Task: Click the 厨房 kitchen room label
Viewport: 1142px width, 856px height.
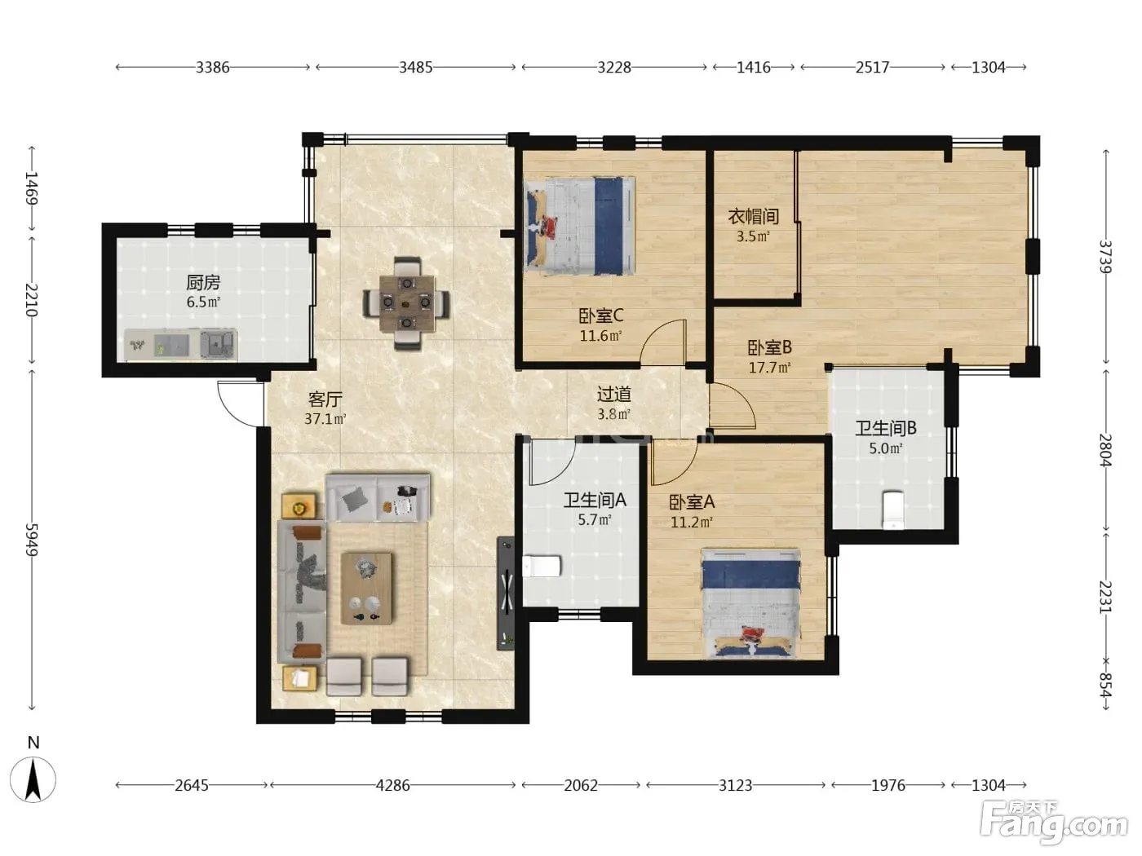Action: point(203,283)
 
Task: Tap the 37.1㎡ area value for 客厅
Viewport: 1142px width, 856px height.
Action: point(325,419)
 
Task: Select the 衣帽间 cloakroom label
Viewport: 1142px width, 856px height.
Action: point(753,216)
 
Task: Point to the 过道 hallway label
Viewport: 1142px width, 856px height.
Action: point(614,395)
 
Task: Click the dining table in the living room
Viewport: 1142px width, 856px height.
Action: point(407,303)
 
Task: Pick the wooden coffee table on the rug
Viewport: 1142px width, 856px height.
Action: point(367,589)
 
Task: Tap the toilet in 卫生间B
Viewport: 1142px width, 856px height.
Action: point(892,510)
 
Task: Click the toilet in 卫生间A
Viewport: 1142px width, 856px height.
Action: point(542,567)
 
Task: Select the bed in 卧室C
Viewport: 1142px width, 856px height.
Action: point(580,226)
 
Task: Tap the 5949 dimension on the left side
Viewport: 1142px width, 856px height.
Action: point(32,540)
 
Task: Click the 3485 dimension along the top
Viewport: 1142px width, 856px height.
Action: point(416,67)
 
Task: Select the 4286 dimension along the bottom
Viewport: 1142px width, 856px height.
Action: point(393,785)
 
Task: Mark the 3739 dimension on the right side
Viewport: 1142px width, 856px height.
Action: point(1105,257)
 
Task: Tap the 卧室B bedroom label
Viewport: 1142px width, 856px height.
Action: point(769,347)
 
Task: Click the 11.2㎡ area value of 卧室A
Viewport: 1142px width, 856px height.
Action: point(692,522)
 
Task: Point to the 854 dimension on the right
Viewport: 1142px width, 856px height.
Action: point(1105,686)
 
